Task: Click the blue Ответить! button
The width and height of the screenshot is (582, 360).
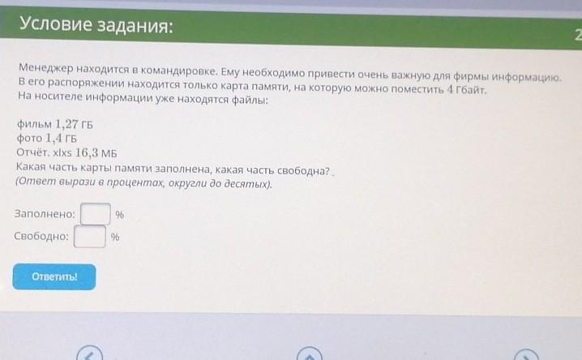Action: pyautogui.click(x=54, y=276)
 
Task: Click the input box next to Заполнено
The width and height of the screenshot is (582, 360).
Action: pyautogui.click(x=96, y=214)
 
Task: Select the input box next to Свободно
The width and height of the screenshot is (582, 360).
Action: pyautogui.click(x=90, y=236)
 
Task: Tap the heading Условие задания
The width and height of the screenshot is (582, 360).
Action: pyautogui.click(x=96, y=25)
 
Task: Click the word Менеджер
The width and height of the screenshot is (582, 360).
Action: pyautogui.click(x=45, y=68)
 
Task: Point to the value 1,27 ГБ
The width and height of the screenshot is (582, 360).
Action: pyautogui.click(x=74, y=124)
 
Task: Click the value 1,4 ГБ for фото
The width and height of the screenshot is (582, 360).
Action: pyautogui.click(x=62, y=138)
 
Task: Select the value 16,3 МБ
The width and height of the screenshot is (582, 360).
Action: pyautogui.click(x=96, y=152)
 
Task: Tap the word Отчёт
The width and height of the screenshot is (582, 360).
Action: pyautogui.click(x=32, y=152)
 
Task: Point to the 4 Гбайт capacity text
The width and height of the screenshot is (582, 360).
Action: pyautogui.click(x=466, y=89)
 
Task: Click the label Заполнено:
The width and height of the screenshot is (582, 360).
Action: pyautogui.click(x=45, y=214)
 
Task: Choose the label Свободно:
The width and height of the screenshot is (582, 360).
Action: pyautogui.click(x=41, y=236)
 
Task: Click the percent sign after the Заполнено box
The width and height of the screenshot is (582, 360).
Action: pyautogui.click(x=119, y=215)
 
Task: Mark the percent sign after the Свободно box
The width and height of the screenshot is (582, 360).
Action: pyautogui.click(x=115, y=237)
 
